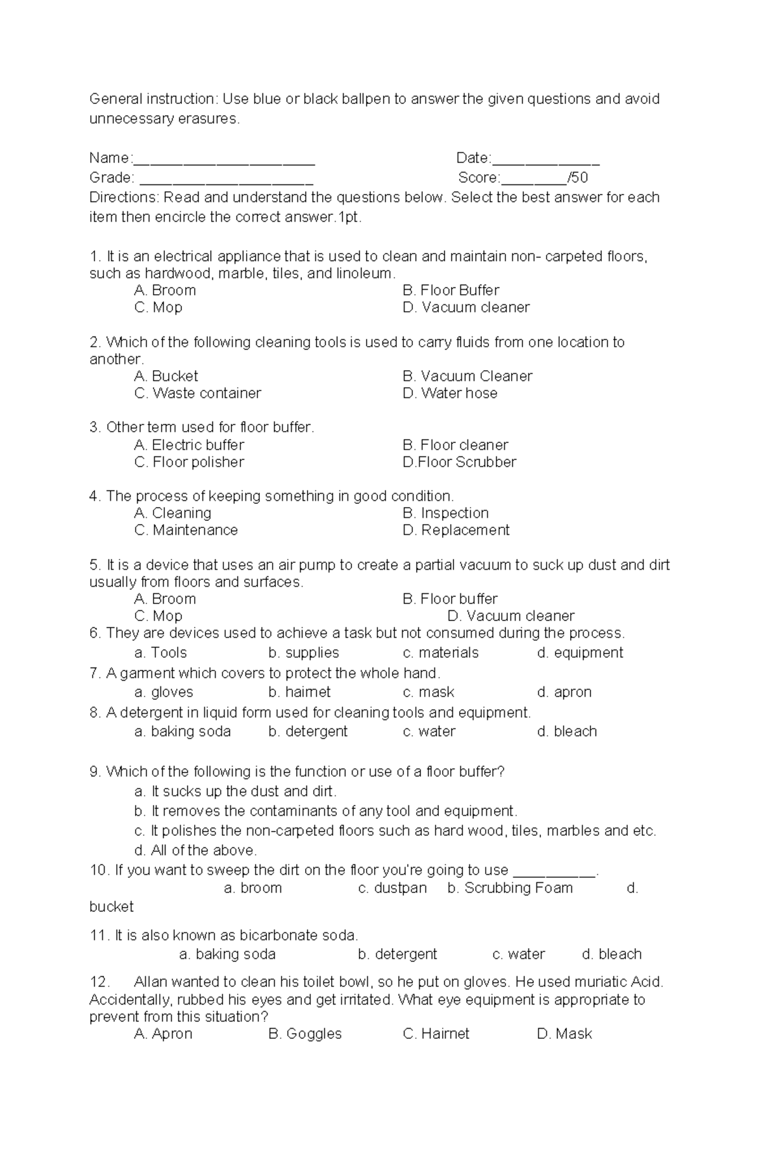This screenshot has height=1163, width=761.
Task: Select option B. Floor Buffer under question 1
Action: click(450, 290)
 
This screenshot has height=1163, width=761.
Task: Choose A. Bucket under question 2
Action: click(166, 376)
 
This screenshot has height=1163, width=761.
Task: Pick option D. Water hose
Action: click(450, 393)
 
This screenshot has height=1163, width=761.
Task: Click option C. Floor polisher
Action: click(189, 462)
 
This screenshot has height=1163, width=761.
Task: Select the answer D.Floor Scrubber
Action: click(459, 462)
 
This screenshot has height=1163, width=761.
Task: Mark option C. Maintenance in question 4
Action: click(186, 530)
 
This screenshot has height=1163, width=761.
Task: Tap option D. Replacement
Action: click(455, 530)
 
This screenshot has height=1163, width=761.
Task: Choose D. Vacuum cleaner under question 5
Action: click(511, 616)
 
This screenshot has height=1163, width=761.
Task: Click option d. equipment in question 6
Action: click(580, 653)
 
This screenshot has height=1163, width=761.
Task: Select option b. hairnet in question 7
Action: click(299, 692)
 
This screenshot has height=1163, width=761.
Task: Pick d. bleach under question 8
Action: click(567, 731)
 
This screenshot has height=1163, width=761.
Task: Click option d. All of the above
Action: click(195, 851)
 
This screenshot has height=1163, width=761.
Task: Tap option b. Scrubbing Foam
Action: click(510, 888)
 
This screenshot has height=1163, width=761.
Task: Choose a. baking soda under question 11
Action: click(227, 954)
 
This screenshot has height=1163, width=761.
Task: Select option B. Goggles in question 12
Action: click(305, 1034)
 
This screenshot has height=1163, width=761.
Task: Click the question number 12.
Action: click(100, 982)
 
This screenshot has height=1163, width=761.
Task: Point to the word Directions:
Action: click(124, 198)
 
